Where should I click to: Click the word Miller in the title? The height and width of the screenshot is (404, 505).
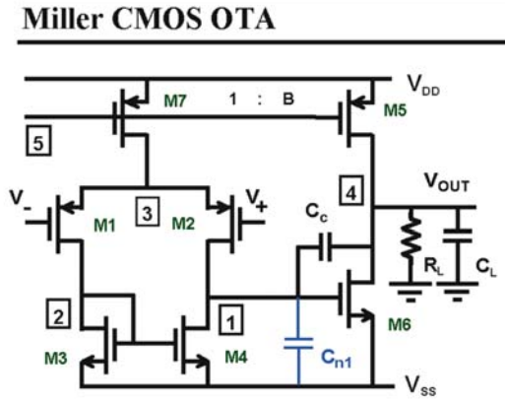pyautogui.click(x=62, y=19)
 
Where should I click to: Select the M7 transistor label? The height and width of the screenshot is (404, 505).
pyautogui.click(x=175, y=101)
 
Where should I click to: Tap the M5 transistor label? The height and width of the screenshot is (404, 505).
pyautogui.click(x=396, y=110)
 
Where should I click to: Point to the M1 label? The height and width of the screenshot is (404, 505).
pyautogui.click(x=104, y=226)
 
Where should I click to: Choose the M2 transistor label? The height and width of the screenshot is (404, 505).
pyautogui.click(x=183, y=224)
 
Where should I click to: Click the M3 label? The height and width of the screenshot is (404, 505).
pyautogui.click(x=56, y=358)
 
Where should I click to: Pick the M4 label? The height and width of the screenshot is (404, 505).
pyautogui.click(x=236, y=357)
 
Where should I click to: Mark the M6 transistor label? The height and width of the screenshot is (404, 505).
pyautogui.click(x=400, y=324)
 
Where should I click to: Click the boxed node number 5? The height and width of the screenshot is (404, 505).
pyautogui.click(x=38, y=140)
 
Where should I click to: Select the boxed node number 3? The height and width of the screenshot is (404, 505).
pyautogui.click(x=148, y=212)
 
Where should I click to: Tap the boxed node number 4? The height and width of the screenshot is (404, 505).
pyautogui.click(x=351, y=190)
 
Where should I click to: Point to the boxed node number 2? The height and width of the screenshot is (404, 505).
pyautogui.click(x=58, y=313)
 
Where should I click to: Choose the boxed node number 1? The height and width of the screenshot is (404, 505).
pyautogui.click(x=231, y=320)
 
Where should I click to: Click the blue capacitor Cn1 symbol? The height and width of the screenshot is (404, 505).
pyautogui.click(x=298, y=343)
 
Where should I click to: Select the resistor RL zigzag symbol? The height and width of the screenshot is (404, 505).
pyautogui.click(x=411, y=234)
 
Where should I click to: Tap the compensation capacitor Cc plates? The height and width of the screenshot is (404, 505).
pyautogui.click(x=326, y=246)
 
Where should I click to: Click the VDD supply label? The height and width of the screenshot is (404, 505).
pyautogui.click(x=423, y=85)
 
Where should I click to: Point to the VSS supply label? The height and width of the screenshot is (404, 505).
pyautogui.click(x=420, y=385)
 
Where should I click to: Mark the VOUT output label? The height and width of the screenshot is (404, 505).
pyautogui.click(x=447, y=182)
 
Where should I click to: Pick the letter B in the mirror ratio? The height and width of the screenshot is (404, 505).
pyautogui.click(x=288, y=99)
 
